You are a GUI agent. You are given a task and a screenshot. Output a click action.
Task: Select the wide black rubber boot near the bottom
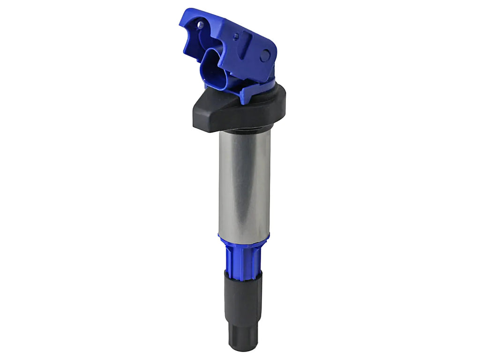243,295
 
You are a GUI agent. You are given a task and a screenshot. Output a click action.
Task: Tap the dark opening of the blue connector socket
213,70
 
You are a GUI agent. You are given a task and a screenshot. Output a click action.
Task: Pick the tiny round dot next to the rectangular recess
236,36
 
